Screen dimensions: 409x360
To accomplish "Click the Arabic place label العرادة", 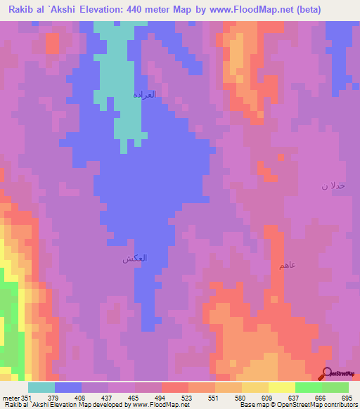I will pyautogui.click(x=144, y=94).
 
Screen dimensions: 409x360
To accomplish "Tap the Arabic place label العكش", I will pyautogui.click(x=135, y=259).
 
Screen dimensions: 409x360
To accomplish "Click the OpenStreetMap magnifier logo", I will pyautogui.click(x=328, y=373).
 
